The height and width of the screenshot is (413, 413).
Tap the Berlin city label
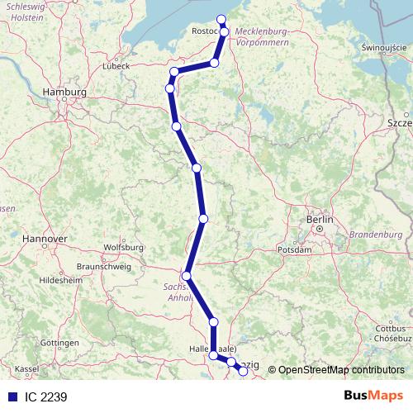[x=319, y=220]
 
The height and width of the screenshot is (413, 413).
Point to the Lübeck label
[x=116, y=65]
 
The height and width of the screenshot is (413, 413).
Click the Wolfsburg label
[x=125, y=247]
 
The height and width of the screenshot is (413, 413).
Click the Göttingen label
[x=58, y=342]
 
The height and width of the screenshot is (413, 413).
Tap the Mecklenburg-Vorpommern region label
[x=262, y=36]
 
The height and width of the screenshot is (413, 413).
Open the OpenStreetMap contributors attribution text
[x=341, y=369]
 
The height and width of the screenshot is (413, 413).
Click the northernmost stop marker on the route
[x=221, y=20]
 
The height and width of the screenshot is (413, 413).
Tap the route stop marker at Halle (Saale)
[x=214, y=355]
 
